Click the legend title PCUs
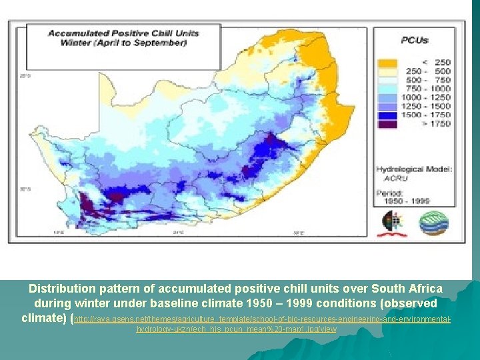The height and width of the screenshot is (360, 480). (x=414, y=40)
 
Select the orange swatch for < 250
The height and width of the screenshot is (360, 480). (x=388, y=63)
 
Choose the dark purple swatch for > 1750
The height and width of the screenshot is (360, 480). (x=388, y=123)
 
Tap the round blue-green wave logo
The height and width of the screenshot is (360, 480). (x=433, y=223)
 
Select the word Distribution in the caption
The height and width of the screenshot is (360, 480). (x=64, y=289)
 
